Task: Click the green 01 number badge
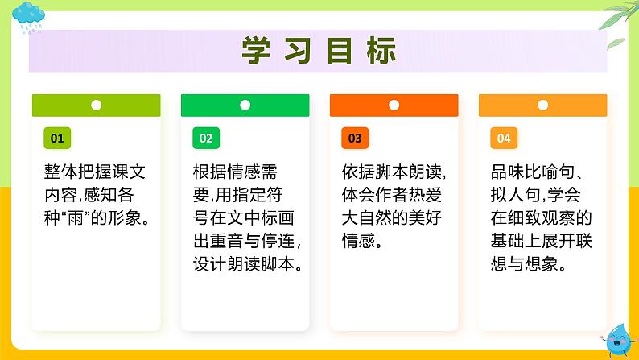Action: point(56,138)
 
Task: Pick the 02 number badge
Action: point(205,138)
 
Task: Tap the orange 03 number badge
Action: point(354,138)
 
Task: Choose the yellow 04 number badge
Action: point(503,138)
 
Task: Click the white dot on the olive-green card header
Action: point(96,105)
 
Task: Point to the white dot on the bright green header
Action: point(245,105)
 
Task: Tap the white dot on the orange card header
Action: point(394,105)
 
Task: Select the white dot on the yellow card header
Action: point(543,105)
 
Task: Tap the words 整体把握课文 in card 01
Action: point(94,172)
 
